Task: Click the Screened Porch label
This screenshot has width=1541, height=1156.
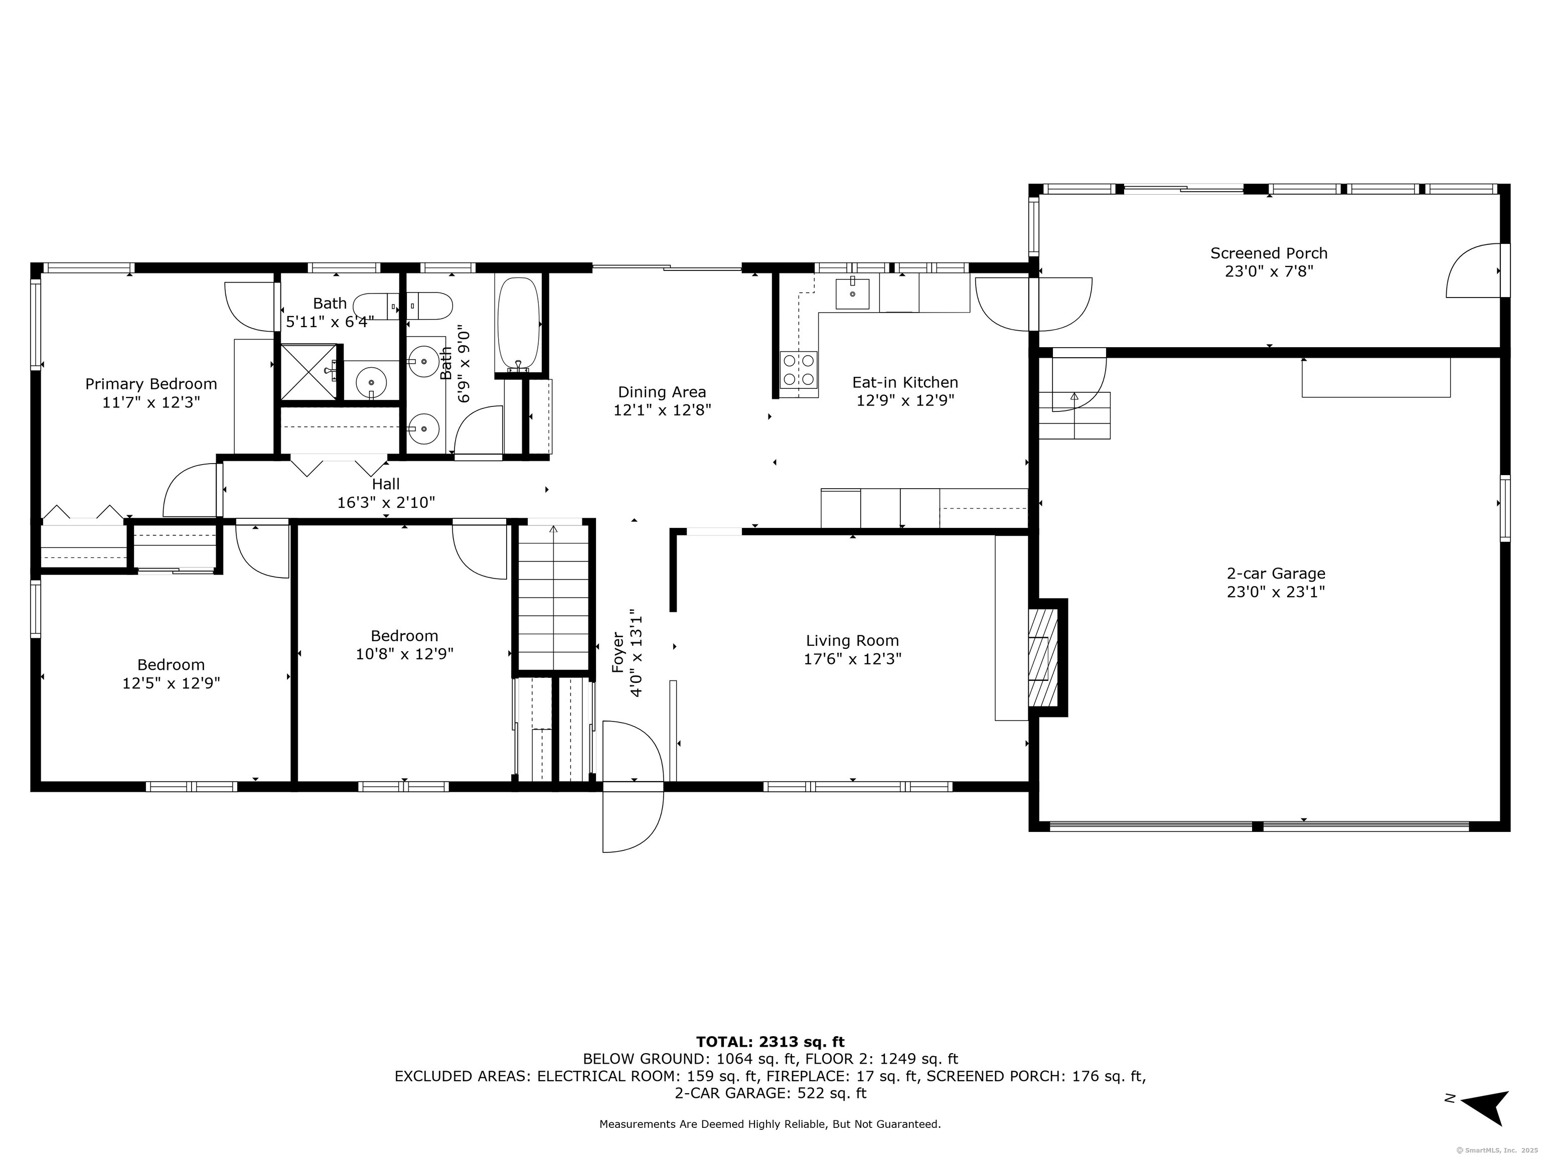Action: point(1269,253)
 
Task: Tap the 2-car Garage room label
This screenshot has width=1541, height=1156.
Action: point(1276,573)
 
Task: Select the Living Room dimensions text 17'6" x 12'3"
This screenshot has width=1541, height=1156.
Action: point(853,658)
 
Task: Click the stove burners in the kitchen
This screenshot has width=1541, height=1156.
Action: point(799,370)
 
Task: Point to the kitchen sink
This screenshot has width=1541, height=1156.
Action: point(852,294)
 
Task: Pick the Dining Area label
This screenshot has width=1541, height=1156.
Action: point(662,392)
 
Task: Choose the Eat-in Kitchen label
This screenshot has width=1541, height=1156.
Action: point(905,382)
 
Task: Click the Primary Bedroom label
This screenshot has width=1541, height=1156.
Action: point(151,384)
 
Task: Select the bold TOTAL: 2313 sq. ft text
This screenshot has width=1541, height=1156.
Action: point(770,1042)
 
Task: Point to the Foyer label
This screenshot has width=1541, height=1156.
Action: point(617,652)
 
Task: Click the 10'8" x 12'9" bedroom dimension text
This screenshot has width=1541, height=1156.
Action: point(405,654)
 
